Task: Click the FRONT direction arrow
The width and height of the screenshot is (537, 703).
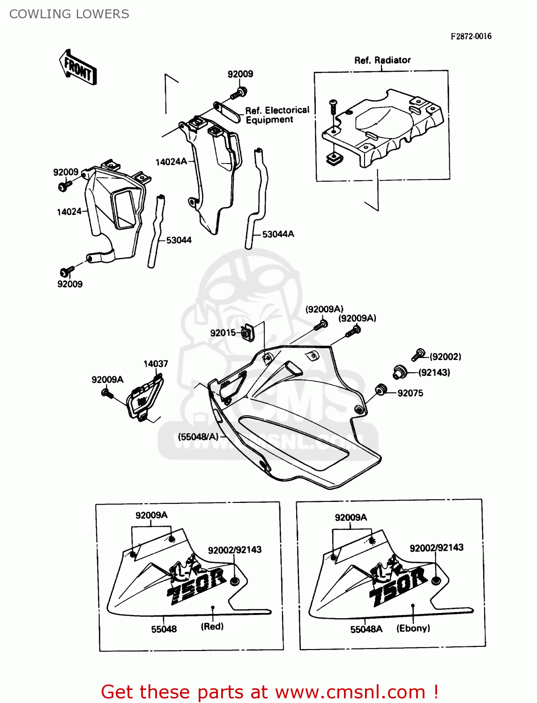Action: (x=78, y=68)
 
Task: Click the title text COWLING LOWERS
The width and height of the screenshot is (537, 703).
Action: (x=69, y=14)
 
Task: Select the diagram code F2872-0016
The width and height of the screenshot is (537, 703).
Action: (x=471, y=37)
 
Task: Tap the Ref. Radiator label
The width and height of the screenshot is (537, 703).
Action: (x=382, y=60)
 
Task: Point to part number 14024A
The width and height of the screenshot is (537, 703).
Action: (x=171, y=162)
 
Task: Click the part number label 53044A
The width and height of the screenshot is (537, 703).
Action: (x=278, y=234)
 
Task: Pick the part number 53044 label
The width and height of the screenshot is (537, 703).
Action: (x=179, y=240)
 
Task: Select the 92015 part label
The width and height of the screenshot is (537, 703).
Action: (x=223, y=333)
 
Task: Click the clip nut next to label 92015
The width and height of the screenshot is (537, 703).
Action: (x=247, y=332)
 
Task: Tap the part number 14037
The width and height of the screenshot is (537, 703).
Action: (x=156, y=364)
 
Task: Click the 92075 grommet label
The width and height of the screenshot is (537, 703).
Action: (x=410, y=393)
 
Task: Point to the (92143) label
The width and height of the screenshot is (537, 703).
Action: (x=434, y=373)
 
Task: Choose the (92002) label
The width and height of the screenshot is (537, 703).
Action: (x=445, y=357)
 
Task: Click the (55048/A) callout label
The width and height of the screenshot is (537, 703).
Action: (x=198, y=437)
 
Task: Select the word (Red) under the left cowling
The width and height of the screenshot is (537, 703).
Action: (x=212, y=626)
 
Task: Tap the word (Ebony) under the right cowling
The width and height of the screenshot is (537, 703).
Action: (x=413, y=628)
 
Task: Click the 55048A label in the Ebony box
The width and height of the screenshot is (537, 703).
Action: (x=366, y=629)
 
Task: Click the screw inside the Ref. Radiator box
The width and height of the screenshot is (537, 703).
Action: (x=333, y=106)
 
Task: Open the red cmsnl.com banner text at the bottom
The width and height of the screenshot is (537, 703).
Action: (x=269, y=692)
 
